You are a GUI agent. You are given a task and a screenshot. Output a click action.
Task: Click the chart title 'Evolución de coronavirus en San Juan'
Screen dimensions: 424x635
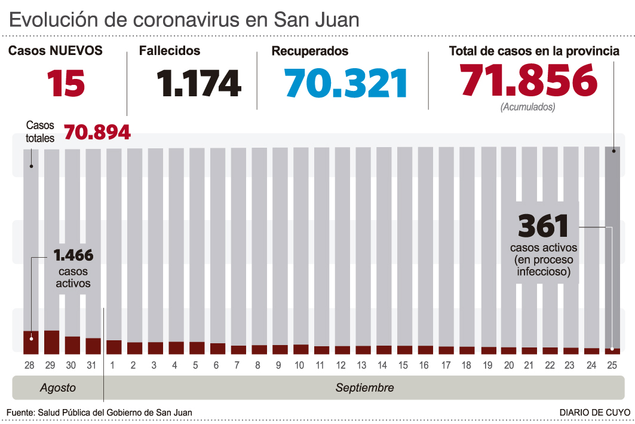184,19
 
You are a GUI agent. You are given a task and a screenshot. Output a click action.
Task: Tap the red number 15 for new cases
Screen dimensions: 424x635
66,83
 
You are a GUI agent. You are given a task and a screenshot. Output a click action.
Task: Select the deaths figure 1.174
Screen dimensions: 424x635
199,83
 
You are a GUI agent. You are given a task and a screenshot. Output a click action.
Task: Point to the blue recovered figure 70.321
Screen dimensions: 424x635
346,83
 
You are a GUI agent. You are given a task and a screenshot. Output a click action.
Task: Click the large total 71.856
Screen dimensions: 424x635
529,80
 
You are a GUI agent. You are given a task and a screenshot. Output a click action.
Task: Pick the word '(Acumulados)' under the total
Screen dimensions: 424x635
528,108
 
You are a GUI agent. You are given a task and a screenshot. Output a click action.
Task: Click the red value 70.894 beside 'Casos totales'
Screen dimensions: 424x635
97,132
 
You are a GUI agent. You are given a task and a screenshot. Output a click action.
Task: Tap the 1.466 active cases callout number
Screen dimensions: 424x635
73,255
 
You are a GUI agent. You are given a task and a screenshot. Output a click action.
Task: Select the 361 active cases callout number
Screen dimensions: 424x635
543,226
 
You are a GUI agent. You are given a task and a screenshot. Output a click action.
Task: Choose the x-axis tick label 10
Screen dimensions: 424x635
300,365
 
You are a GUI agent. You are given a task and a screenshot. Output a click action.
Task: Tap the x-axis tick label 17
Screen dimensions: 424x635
446,365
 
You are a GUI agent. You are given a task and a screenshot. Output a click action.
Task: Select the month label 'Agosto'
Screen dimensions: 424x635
58,388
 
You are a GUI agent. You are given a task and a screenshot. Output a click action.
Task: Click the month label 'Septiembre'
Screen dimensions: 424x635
364,388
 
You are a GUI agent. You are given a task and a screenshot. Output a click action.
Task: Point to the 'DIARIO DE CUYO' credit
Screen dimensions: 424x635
594,413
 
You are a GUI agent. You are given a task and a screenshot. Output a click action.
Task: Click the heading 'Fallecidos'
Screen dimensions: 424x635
170,51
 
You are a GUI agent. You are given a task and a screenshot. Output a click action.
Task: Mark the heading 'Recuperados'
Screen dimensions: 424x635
309,51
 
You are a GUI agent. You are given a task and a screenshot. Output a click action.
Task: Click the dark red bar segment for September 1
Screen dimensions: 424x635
114,346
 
